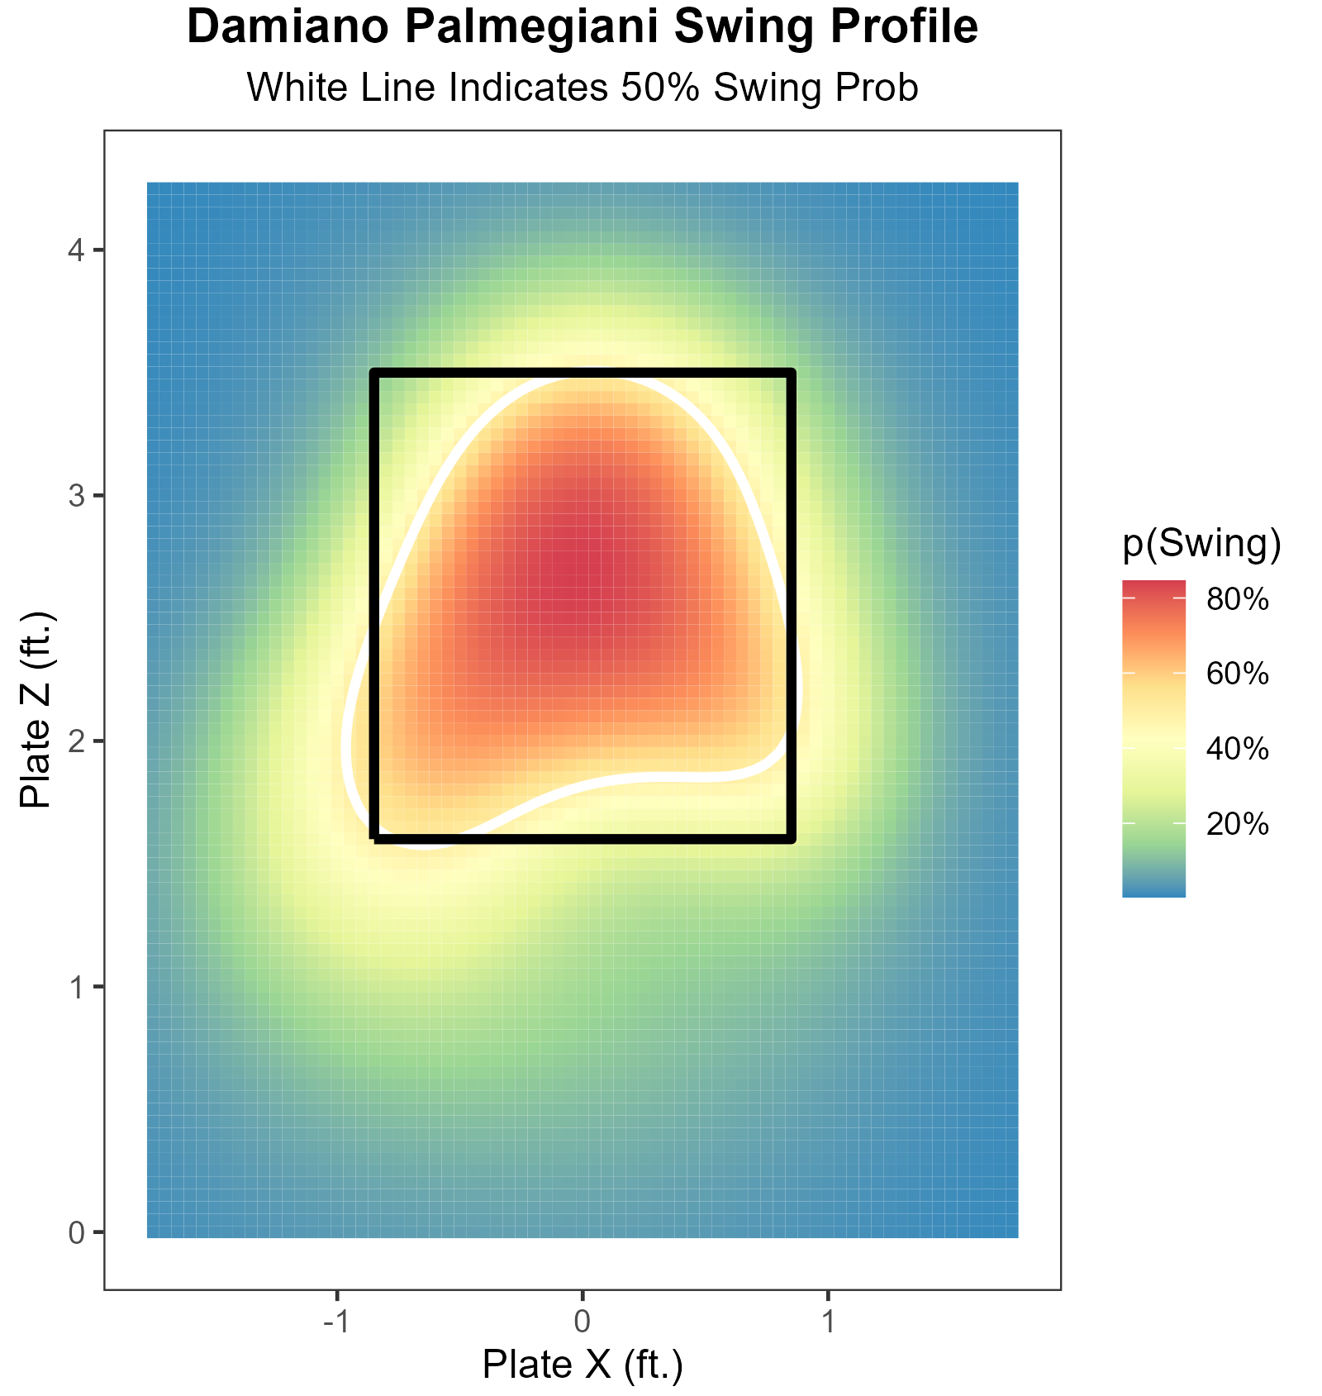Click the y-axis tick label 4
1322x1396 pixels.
tap(76, 250)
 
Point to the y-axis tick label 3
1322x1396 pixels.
tap(76, 496)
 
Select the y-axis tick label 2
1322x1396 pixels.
tap(76, 741)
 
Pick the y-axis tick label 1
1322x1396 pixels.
tap(76, 987)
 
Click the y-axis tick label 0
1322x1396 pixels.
tap(76, 1232)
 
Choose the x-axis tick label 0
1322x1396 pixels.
tap(583, 1322)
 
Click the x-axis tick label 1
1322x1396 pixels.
tap(828, 1322)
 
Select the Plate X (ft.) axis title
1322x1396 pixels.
tap(583, 1365)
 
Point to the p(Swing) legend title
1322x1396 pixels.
tap(1201, 544)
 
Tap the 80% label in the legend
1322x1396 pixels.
tap(1237, 599)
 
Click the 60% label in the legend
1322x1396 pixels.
tap(1237, 674)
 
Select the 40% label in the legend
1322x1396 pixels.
tap(1237, 749)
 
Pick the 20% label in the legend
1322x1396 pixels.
tap(1237, 823)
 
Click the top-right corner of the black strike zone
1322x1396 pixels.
tap(791, 374)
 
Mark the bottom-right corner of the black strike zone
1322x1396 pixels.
tap(791, 838)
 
